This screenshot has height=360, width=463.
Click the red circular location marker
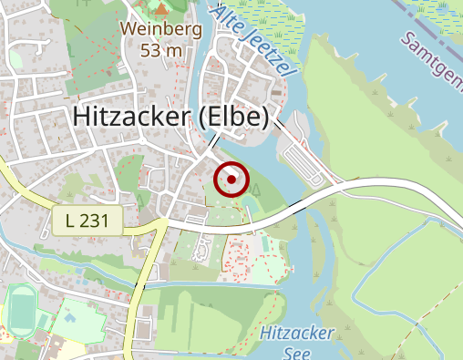[x=231, y=180]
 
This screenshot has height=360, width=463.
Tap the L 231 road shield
[x=87, y=220]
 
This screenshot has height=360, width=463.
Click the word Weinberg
[x=160, y=29]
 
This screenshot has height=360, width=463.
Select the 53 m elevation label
[x=160, y=49]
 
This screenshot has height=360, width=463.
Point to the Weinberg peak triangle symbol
[x=161, y=10]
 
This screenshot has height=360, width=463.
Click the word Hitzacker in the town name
[x=129, y=117]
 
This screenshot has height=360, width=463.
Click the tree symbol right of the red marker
[x=256, y=190]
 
